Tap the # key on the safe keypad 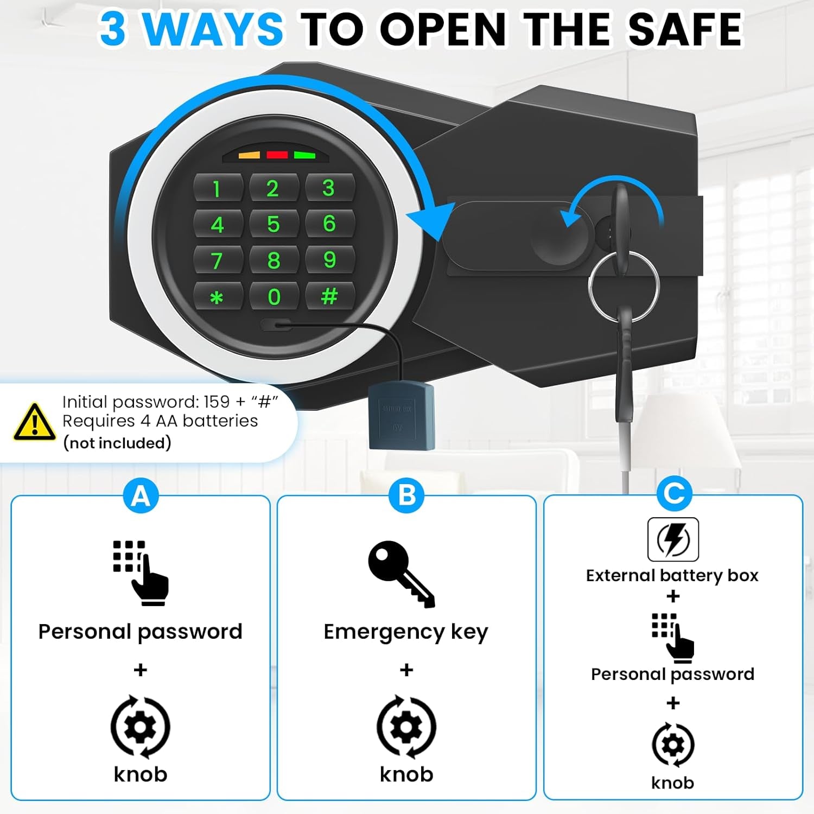point(329,296)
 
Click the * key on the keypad point(217,297)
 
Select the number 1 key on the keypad point(217,189)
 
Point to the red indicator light point(277,155)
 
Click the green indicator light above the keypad point(304,155)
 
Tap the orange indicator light point(249,156)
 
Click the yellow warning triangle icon point(34,422)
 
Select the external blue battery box point(401,416)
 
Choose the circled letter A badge point(141,495)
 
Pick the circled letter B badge point(406,495)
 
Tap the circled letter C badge point(674,493)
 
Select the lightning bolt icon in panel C point(673,539)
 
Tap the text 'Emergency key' point(406,632)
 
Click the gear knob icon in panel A point(141,727)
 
